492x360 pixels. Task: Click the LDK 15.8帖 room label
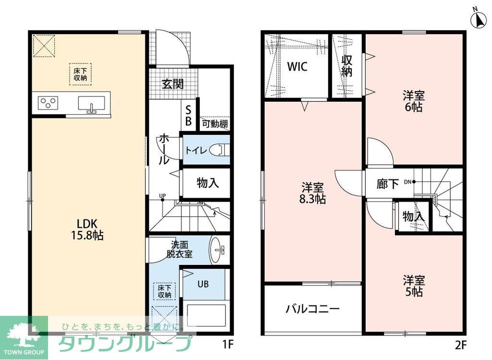pyautogui.click(x=88, y=229)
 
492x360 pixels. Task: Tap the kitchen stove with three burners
pyautogui.click(x=48, y=103)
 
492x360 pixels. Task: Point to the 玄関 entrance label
pyautogui.click(x=172, y=84)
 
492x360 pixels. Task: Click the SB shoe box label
pyautogui.click(x=188, y=115)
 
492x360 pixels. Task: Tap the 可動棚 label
pyautogui.click(x=214, y=124)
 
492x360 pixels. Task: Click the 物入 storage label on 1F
pyautogui.click(x=208, y=182)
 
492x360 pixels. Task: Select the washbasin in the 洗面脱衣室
pyautogui.click(x=218, y=250)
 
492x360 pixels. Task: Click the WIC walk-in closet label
pyautogui.click(x=297, y=66)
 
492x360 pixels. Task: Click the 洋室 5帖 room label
pyautogui.click(x=413, y=285)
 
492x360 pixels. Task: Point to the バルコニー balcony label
pyautogui.click(x=313, y=308)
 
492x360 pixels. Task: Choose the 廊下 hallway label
pyautogui.click(x=388, y=183)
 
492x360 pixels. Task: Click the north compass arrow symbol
pyautogui.click(x=479, y=20)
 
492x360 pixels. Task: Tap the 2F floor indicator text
pyautogui.click(x=460, y=344)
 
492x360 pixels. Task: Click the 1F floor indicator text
pyautogui.click(x=227, y=344)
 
